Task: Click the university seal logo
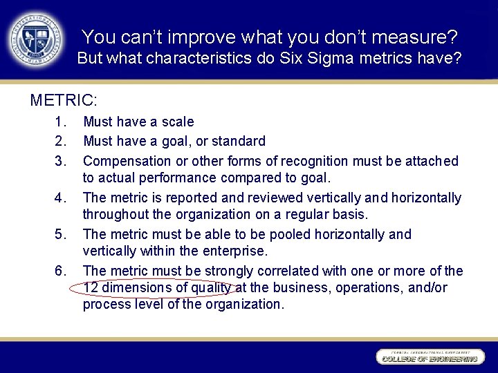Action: tap(34, 39)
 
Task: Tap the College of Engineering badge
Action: tap(429, 357)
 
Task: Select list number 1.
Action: tap(59, 122)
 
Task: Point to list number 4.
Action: tap(59, 198)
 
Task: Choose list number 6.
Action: tap(59, 271)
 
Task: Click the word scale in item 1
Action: tap(177, 122)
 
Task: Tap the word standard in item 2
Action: tap(238, 142)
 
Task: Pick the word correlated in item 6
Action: tap(298, 271)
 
